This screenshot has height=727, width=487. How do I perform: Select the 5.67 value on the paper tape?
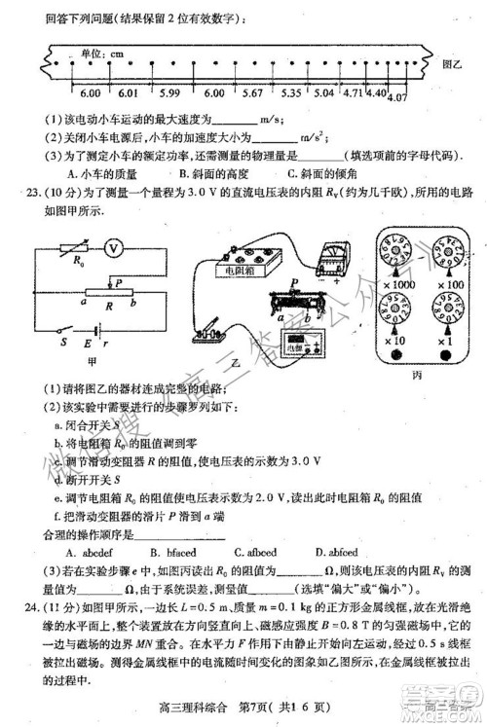pyautogui.click(x=253, y=92)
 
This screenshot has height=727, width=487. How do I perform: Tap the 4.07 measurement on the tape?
pyautogui.click(x=397, y=98)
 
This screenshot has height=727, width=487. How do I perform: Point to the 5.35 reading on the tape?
pyautogui.click(x=290, y=92)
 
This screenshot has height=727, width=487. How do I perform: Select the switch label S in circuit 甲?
pyautogui.click(x=62, y=341)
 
